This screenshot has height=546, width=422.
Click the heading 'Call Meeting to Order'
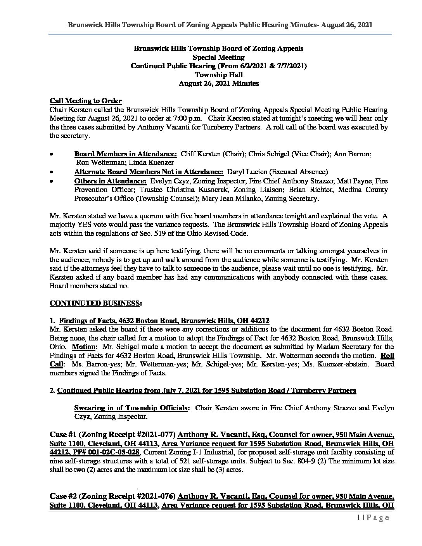86,101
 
